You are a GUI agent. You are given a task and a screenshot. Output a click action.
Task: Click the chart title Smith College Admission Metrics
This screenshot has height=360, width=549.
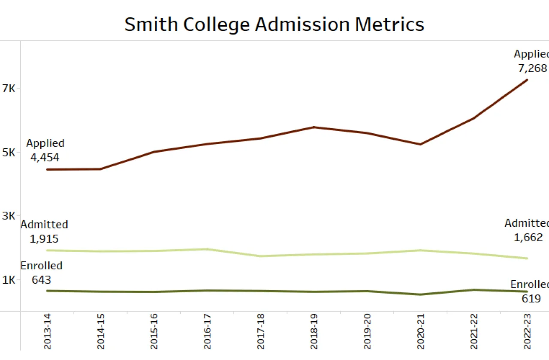coord(274,24)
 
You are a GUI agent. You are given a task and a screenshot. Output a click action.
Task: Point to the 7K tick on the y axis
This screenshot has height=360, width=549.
coord(9,89)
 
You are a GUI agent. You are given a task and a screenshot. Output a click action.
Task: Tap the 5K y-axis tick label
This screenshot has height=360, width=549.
coord(9,153)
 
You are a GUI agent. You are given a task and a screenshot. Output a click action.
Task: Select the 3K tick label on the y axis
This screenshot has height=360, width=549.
coord(9,216)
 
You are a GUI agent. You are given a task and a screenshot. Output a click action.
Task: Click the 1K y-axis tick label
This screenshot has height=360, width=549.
coord(9,280)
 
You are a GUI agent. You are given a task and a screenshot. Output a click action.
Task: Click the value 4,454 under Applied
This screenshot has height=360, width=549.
coord(45,157)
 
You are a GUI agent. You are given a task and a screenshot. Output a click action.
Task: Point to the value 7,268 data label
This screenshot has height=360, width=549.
coord(532,68)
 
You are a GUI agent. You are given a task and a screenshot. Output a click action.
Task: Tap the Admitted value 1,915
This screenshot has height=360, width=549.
coord(44,239)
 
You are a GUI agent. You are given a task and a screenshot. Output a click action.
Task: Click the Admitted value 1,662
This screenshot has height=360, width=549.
coord(528,237)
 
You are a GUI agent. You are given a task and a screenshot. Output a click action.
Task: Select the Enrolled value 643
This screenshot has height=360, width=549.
coord(41,280)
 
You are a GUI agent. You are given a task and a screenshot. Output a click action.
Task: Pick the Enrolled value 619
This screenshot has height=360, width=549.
coord(531,298)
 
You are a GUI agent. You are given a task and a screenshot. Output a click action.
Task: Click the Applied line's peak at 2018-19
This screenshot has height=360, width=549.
coord(314,127)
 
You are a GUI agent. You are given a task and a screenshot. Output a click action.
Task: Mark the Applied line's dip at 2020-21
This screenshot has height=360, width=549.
coord(421,144)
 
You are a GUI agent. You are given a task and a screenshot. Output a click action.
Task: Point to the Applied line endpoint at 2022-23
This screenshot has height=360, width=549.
coord(527,80)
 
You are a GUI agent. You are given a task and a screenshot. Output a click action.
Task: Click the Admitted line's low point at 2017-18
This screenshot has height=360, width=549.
coord(261,256)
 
